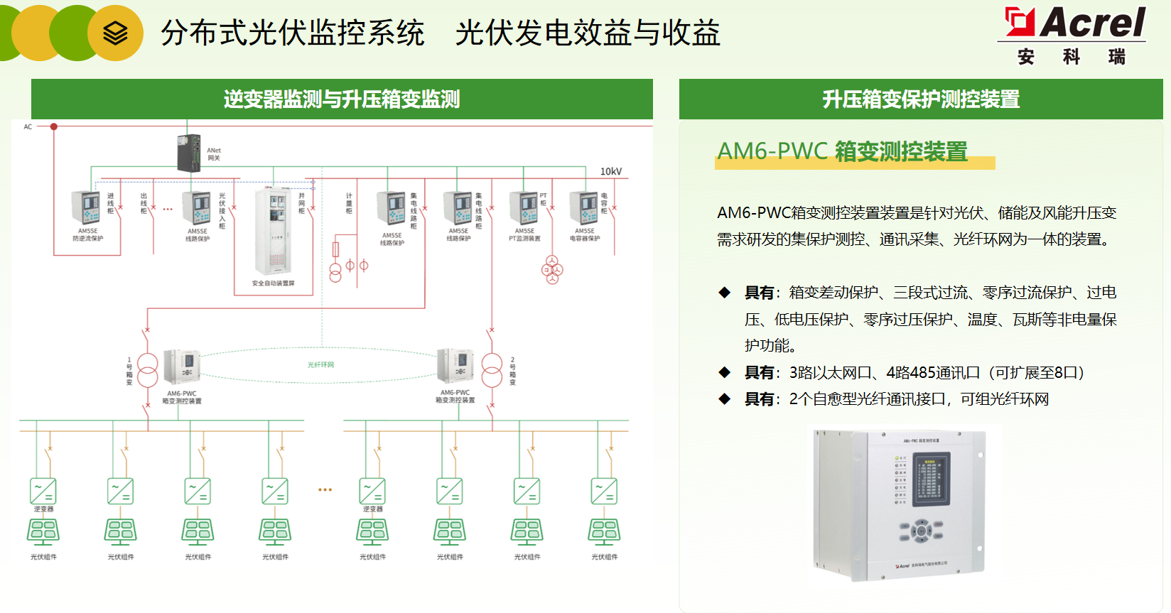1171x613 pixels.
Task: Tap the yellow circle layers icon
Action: [115, 33]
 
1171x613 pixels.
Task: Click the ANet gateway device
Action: [189, 153]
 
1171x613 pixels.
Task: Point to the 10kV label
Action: [610, 171]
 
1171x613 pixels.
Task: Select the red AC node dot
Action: [53, 126]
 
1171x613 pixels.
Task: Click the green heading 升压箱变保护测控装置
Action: [921, 99]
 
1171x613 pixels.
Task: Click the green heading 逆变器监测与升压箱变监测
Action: [342, 99]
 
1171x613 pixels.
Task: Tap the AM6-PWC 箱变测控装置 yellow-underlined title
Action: [843, 151]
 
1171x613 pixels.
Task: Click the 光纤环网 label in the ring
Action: [320, 364]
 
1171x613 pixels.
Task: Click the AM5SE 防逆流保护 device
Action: [86, 208]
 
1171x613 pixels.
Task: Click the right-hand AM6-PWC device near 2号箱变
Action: [455, 367]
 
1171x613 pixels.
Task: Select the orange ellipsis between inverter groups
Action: [325, 489]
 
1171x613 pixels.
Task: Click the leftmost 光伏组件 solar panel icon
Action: [43, 531]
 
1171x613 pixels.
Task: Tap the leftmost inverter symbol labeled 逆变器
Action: [43, 491]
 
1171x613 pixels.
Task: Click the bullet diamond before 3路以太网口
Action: [724, 372]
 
